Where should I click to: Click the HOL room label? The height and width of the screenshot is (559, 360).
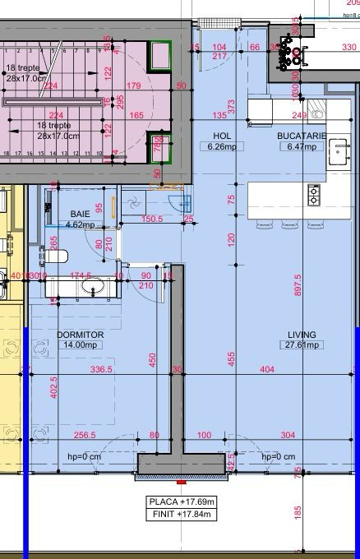point(221,136)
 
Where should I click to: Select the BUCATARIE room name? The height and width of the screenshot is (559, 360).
point(302,136)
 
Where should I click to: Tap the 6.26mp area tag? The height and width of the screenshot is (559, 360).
point(221,146)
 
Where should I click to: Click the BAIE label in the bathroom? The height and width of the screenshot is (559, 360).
point(81,213)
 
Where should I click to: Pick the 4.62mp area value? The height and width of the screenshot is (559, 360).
point(81,224)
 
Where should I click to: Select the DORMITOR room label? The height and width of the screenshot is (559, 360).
point(81,335)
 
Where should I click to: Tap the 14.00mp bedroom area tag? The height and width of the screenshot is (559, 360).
point(81,345)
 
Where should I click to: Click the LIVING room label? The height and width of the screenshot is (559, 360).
point(302,335)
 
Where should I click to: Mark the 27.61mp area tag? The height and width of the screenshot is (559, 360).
point(302,345)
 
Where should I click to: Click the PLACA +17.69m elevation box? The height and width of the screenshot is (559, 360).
point(182,501)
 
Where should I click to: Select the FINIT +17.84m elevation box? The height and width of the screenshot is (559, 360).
point(182,514)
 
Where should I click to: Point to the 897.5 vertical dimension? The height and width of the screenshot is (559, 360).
point(298,284)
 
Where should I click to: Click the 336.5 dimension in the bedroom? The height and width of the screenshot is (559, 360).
point(100,370)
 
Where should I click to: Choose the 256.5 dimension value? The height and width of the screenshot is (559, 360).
point(85,435)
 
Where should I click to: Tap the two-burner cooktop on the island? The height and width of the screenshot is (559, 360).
point(314,195)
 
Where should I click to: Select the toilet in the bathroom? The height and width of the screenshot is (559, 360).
point(53,256)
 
